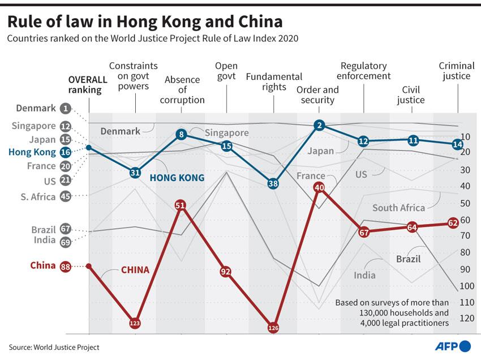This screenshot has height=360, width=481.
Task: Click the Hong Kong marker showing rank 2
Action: (x=319, y=125)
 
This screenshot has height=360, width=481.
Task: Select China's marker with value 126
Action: (x=273, y=328)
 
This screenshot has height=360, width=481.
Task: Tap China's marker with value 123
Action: (x=135, y=323)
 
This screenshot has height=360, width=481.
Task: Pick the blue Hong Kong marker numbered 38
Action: (x=273, y=183)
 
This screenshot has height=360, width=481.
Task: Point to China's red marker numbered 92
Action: (x=226, y=272)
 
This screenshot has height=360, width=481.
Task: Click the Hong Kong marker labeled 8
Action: (x=181, y=134)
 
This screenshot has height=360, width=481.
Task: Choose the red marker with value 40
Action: (x=319, y=187)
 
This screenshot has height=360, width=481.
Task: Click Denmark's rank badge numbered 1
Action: (x=65, y=108)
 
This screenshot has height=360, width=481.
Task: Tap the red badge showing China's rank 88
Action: (x=65, y=267)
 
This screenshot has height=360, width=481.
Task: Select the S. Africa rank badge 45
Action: (x=65, y=196)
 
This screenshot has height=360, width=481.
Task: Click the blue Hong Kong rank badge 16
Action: (x=65, y=152)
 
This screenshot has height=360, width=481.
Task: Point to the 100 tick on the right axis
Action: (x=467, y=286)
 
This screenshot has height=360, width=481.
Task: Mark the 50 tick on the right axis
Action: (x=465, y=203)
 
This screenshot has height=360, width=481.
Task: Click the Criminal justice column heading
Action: (x=457, y=71)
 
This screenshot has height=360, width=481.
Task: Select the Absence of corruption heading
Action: (x=182, y=89)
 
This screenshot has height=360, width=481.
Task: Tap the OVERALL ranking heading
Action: (x=88, y=85)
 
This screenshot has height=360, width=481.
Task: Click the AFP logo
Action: (x=453, y=346)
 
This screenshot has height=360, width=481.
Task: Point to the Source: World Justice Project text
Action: (x=54, y=348)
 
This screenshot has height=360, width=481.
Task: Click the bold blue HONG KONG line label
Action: (x=177, y=178)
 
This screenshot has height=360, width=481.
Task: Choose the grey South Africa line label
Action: (x=398, y=208)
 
